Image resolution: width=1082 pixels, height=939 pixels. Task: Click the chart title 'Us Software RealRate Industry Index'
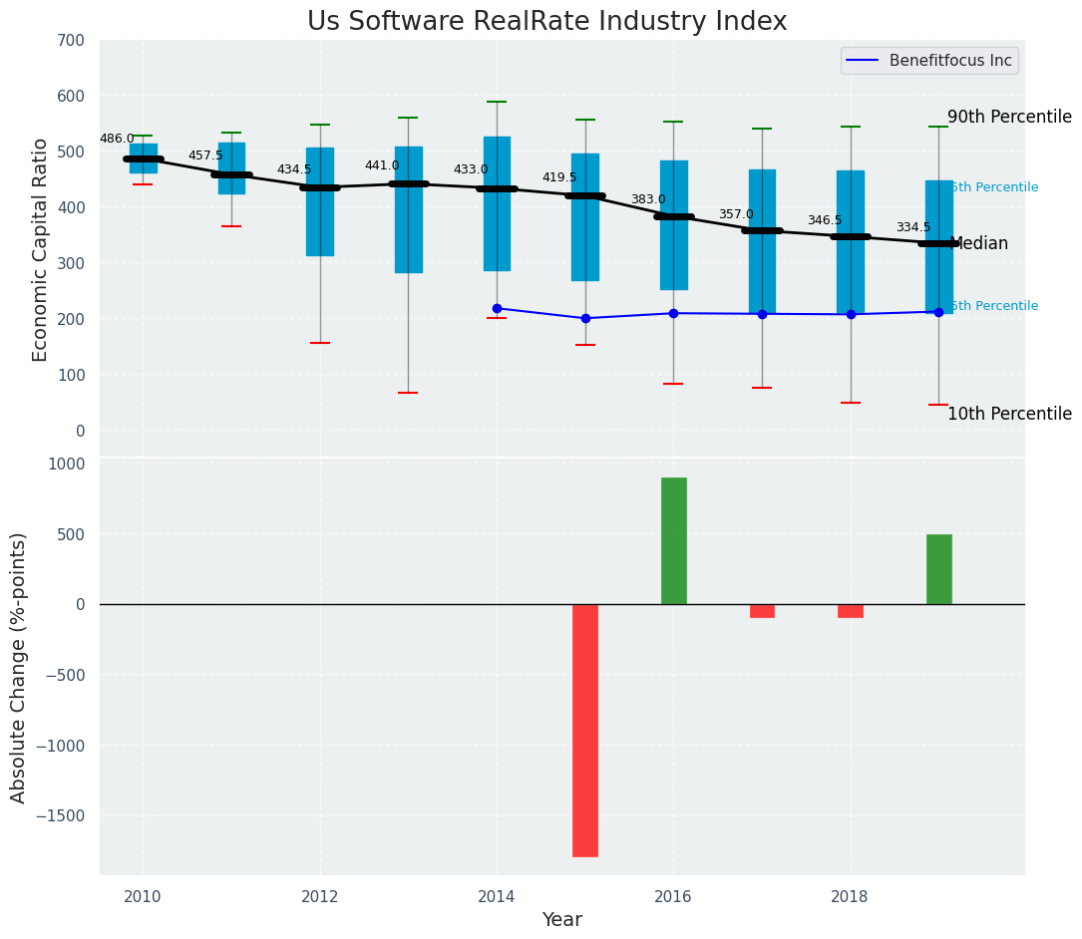546,22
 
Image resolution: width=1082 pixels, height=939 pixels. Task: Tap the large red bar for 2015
585,730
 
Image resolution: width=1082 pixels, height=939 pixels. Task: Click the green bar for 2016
674,540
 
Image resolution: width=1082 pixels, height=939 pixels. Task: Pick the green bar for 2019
938,569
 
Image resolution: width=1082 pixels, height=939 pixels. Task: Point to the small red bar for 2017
762,611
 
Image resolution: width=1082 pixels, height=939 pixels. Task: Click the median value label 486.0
117,140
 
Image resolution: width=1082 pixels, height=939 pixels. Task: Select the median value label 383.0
647,200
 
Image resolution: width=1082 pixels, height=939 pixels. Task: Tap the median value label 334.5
913,228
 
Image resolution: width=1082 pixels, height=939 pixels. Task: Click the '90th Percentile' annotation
1008,118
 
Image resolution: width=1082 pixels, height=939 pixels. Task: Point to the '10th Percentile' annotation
1008,415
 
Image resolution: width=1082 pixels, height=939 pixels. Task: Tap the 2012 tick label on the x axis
320,896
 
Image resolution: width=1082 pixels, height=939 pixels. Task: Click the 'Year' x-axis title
561,920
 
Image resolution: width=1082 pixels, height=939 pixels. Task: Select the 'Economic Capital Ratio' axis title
40,249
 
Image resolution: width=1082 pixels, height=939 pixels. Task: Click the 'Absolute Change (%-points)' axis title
19,667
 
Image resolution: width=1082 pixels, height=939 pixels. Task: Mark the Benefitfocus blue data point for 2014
497,309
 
